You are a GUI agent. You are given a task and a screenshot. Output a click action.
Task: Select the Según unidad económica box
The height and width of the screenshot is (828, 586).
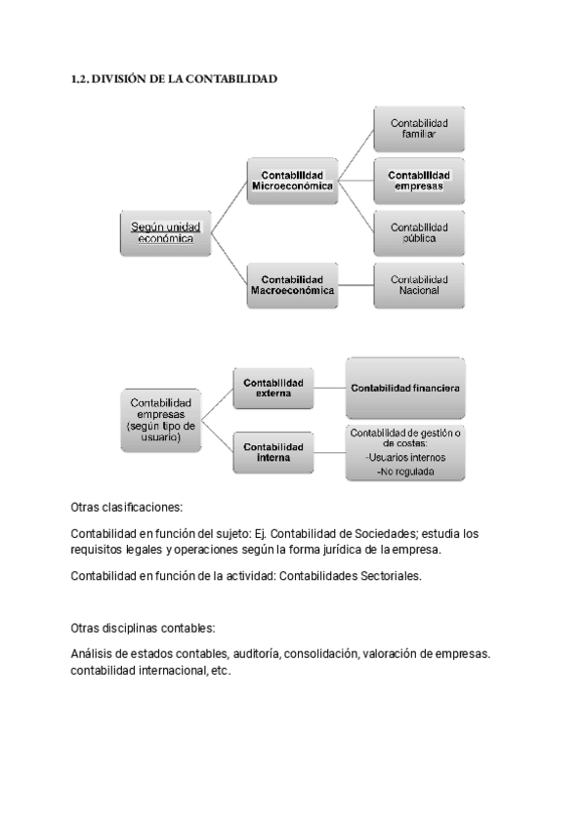point(165,232)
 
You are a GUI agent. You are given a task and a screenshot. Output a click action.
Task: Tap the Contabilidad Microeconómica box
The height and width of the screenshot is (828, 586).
point(292,181)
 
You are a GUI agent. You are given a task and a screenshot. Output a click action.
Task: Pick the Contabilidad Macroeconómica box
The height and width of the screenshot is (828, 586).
point(292,284)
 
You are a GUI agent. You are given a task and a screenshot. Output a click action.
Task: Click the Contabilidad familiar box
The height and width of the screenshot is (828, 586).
point(419,129)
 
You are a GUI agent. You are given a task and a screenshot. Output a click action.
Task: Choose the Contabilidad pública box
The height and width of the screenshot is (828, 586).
point(419,232)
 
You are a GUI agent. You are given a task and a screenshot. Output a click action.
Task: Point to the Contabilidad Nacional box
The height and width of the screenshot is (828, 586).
point(419,284)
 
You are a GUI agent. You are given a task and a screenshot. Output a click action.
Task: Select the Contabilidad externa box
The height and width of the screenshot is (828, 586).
point(273,388)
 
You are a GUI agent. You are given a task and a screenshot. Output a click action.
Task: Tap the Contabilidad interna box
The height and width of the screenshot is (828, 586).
point(273,452)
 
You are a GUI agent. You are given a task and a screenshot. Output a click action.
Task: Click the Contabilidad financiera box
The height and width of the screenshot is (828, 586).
point(404,388)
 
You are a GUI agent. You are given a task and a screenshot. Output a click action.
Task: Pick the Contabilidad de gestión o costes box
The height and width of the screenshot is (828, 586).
point(404,452)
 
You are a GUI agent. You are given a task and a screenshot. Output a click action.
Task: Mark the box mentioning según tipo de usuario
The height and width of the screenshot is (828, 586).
point(161,420)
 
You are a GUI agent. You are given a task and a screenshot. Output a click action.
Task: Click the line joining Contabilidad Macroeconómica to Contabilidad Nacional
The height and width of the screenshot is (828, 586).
point(356,284)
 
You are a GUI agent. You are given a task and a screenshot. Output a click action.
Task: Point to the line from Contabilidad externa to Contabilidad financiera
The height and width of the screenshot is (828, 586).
point(330,388)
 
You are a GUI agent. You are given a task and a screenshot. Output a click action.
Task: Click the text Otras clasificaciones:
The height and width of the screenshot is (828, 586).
point(127,508)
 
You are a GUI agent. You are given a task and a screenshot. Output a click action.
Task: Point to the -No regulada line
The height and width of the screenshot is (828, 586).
point(404,472)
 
